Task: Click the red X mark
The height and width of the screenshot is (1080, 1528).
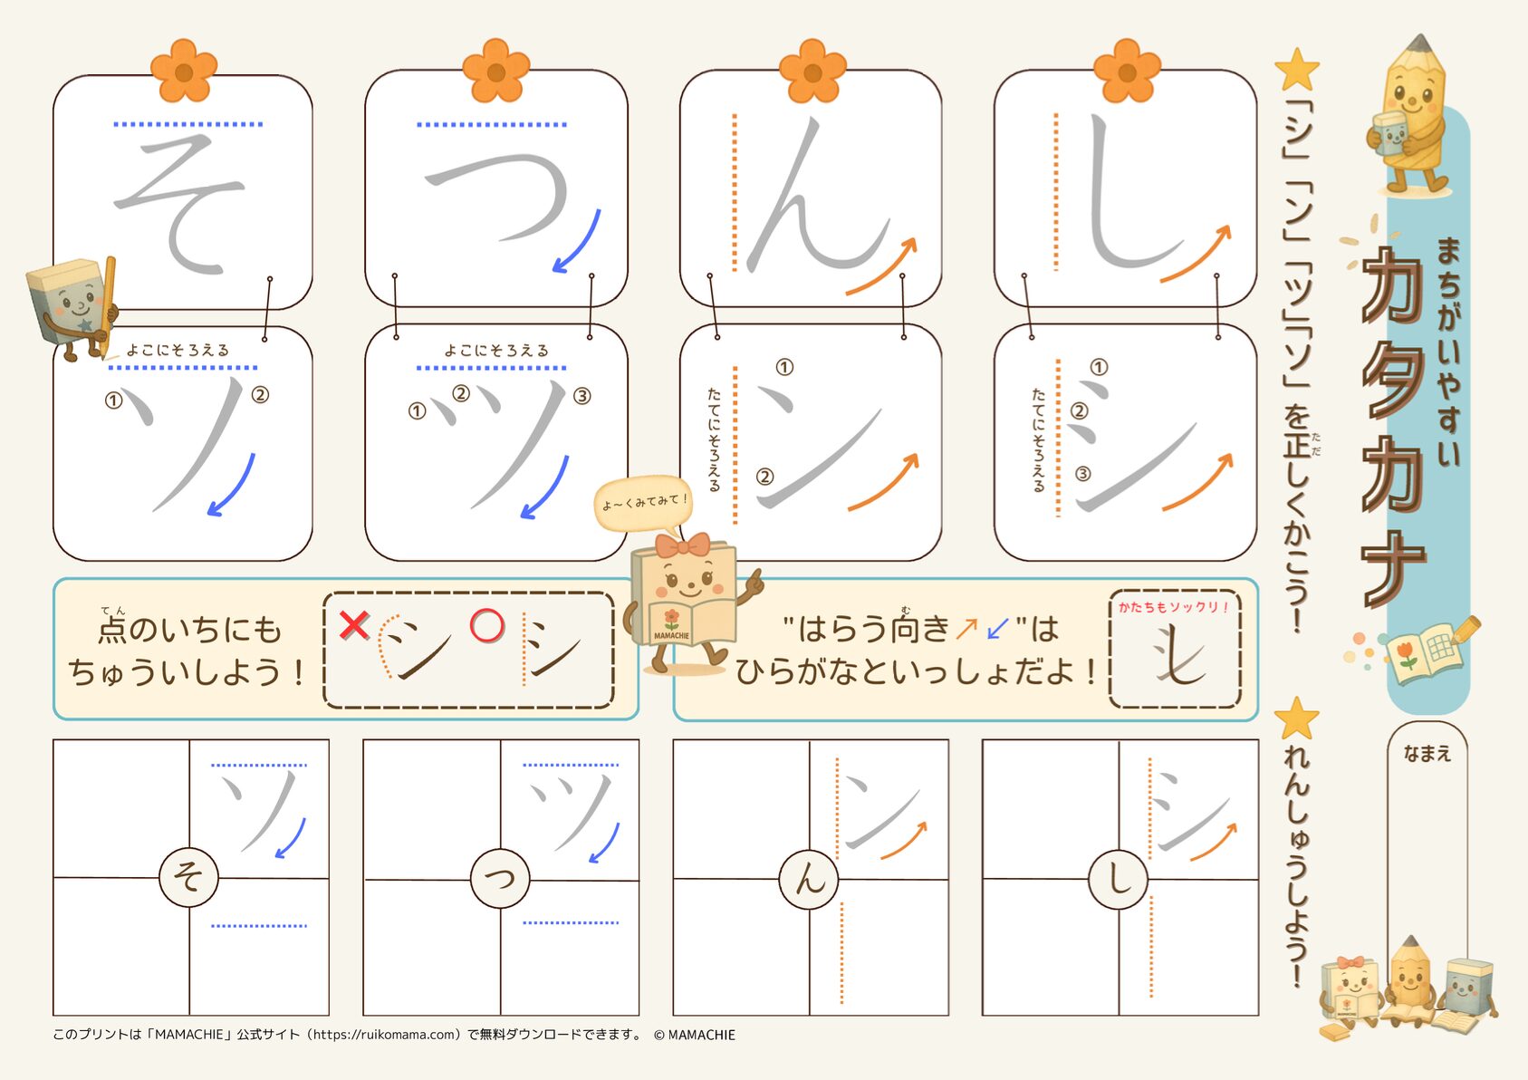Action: click(x=354, y=625)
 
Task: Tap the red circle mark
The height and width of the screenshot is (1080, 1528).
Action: click(x=487, y=626)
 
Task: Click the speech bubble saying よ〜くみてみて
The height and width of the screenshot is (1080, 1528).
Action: click(x=643, y=503)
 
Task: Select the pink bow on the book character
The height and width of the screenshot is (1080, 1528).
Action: click(x=682, y=545)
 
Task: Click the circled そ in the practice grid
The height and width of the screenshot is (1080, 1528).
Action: click(x=188, y=877)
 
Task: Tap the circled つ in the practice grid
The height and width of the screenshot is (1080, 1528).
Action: click(x=500, y=878)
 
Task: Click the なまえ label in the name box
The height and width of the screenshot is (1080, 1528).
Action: click(x=1427, y=753)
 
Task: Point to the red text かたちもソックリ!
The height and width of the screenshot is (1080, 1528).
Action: click(x=1173, y=606)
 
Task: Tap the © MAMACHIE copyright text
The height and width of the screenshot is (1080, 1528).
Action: click(x=695, y=1035)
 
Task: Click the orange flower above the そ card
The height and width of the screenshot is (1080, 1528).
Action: click(x=184, y=71)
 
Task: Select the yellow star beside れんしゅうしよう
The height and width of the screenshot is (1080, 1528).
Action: click(x=1296, y=718)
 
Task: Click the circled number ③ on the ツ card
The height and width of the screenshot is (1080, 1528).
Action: click(x=581, y=396)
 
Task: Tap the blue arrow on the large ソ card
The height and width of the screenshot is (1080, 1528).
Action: click(x=232, y=486)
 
